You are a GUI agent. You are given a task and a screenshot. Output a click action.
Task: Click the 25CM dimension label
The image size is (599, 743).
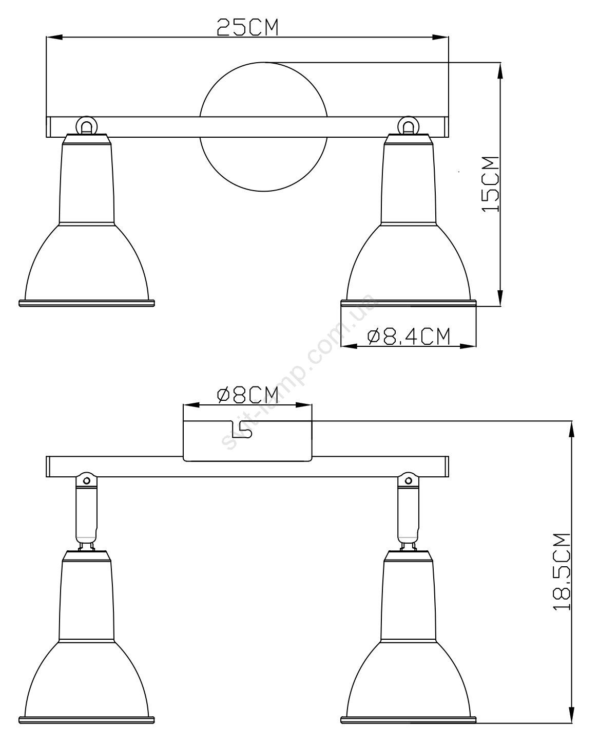click(248, 27)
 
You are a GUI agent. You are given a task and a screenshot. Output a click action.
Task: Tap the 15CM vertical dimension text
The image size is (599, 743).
click(490, 184)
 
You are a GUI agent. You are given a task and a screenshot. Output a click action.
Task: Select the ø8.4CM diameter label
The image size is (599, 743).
click(409, 336)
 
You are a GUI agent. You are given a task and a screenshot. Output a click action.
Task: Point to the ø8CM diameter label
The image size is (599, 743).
click(248, 395)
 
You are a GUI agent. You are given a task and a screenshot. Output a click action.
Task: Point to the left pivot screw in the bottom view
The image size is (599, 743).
click(86, 481)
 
